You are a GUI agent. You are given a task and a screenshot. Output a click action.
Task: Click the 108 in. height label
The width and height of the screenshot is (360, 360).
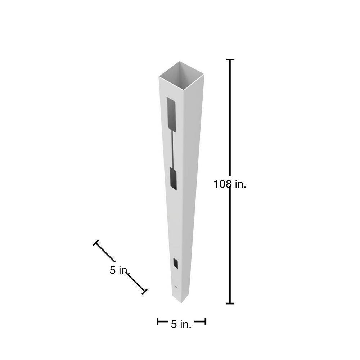tap(230, 184)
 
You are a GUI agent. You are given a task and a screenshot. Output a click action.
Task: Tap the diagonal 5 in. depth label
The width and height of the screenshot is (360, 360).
tap(120, 270)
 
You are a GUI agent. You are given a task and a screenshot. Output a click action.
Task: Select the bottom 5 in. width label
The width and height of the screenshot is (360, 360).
tap(181, 324)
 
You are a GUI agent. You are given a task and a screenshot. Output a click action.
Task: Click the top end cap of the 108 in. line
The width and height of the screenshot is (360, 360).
tap(230, 59)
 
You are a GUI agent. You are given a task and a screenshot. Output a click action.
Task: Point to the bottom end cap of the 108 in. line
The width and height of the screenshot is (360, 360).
tap(230, 303)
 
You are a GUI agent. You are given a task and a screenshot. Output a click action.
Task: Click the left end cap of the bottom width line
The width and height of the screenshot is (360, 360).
tap(158, 321)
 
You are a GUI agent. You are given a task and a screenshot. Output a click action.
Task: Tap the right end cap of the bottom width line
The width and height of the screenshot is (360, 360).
tap(205, 321)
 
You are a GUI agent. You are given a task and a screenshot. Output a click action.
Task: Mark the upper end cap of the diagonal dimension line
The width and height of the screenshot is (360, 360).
tap(95, 243)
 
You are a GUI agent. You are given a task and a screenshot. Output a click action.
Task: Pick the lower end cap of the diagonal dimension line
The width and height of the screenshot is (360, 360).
tap(144, 292)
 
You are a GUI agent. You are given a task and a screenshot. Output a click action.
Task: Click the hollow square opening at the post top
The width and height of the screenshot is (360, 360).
tap(181, 76)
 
